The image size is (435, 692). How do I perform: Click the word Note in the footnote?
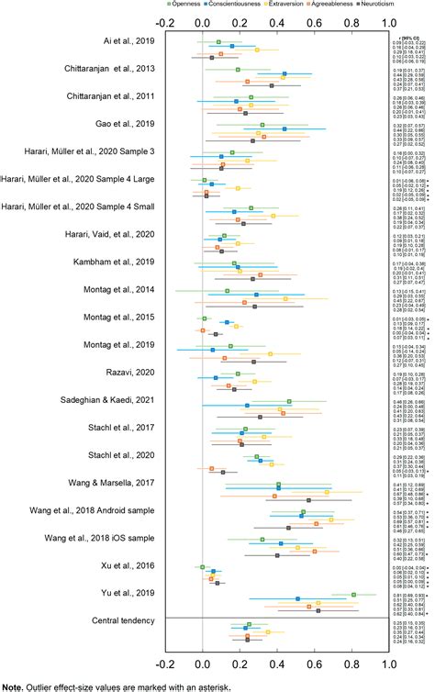[13, 686]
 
